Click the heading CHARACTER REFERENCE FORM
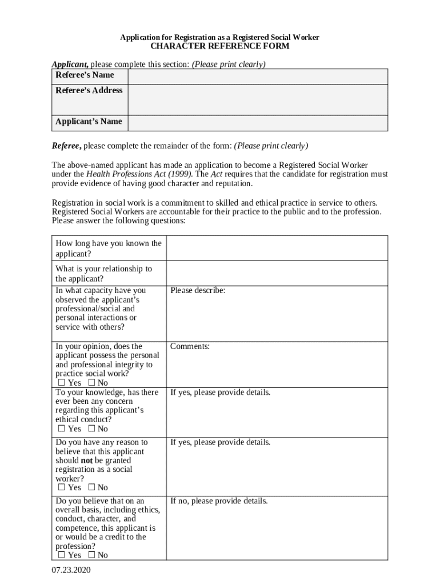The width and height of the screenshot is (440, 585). pos(219,46)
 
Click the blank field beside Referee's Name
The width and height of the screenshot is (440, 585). pos(257,76)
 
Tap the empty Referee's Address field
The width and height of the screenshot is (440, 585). pos(257,99)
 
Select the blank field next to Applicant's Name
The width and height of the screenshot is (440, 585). pos(257,123)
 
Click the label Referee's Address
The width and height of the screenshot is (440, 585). pos(89,90)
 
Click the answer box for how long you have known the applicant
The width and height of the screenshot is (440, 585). pos(277,248)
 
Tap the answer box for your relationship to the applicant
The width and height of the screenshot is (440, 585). pos(277,273)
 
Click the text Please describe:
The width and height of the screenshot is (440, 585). pos(198,291)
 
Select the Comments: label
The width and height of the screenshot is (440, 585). pos(190,347)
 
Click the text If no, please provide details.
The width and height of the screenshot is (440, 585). pos(219,501)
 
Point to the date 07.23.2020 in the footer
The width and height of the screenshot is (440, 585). pos(71,570)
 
